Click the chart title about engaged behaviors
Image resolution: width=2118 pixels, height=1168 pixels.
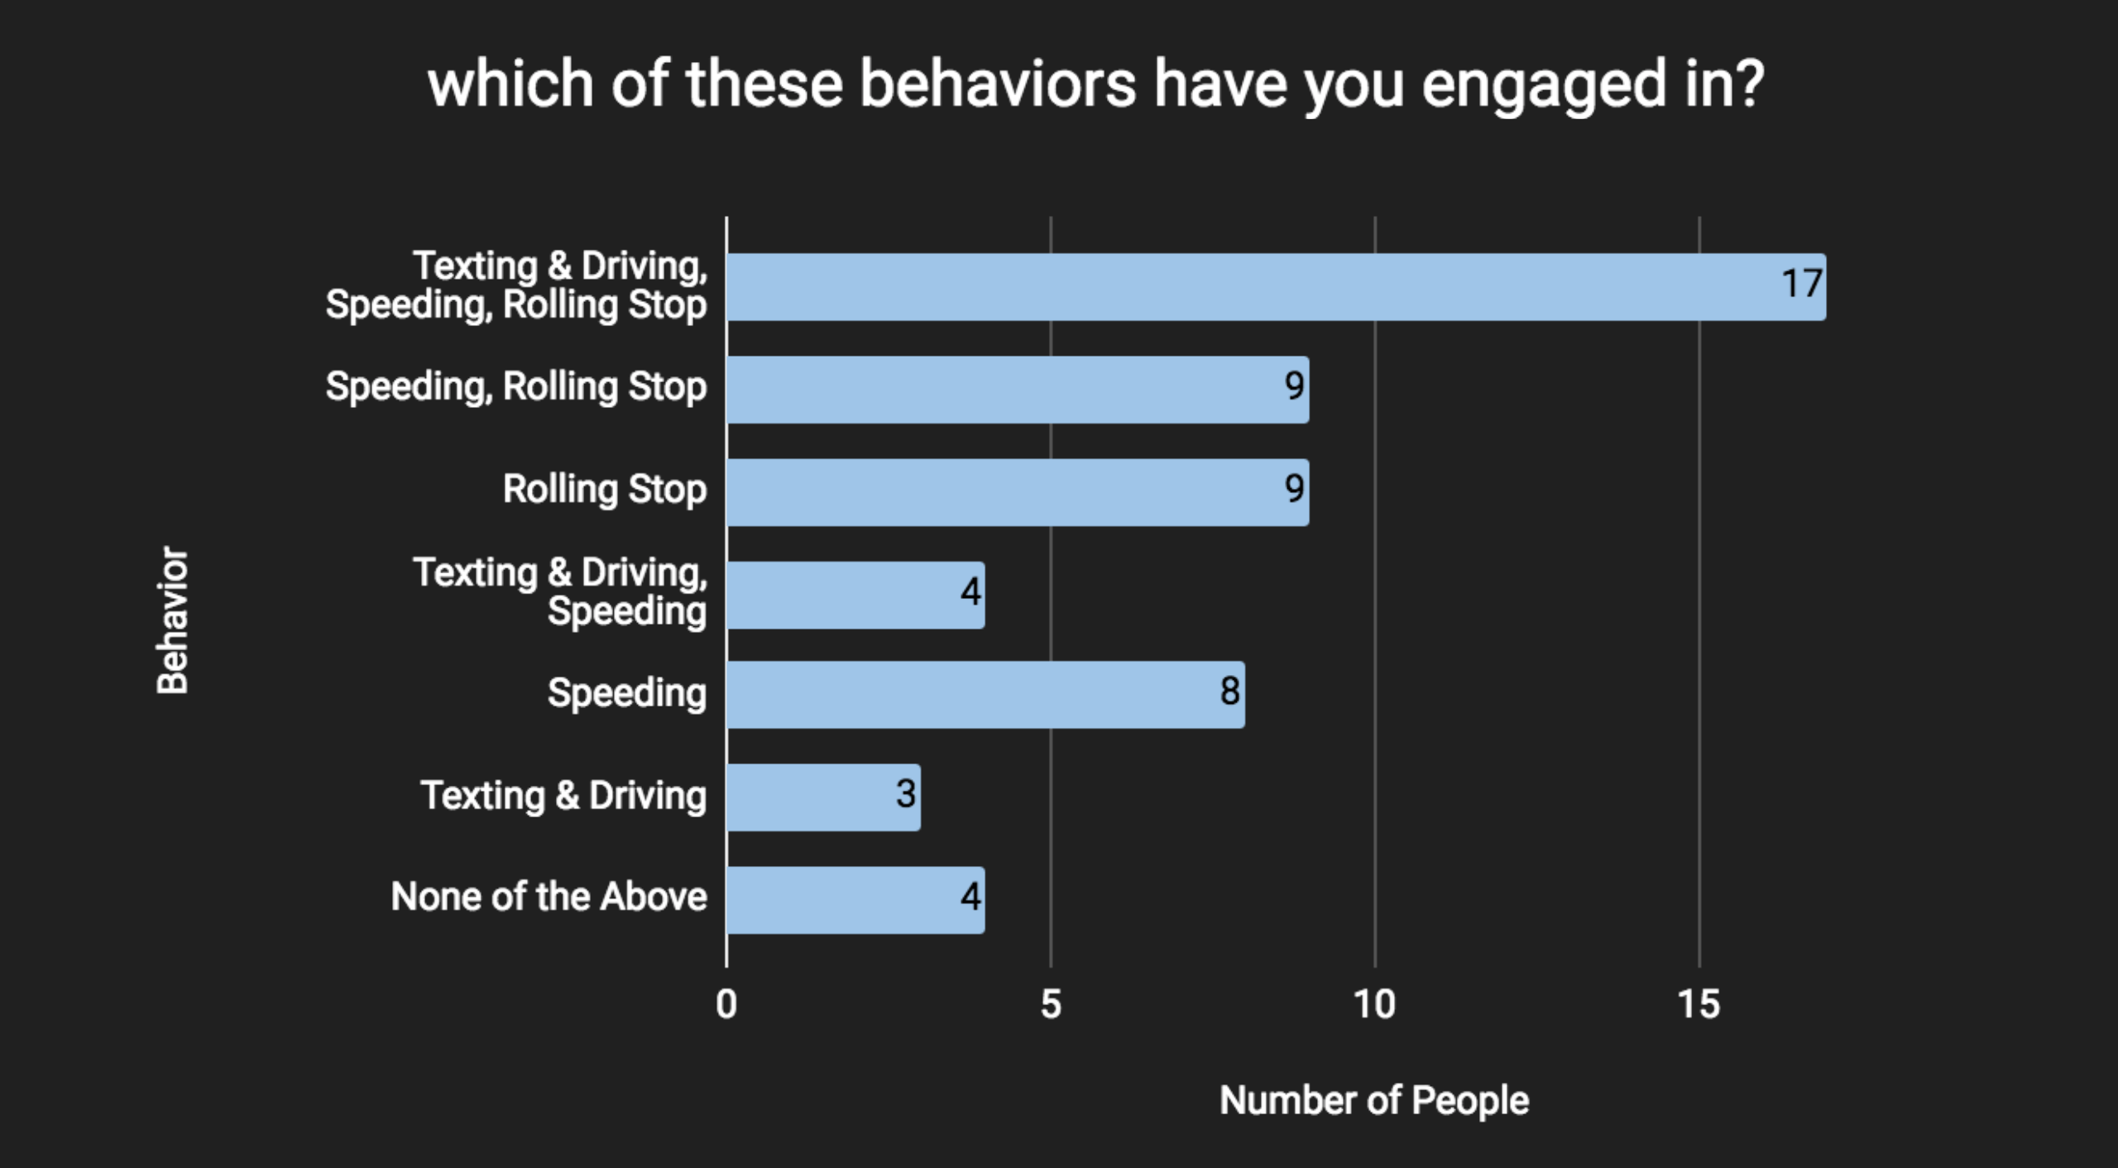point(1095,85)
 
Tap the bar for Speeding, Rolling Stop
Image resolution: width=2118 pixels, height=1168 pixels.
point(1017,390)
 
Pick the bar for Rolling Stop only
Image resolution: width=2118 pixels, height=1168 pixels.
point(1017,492)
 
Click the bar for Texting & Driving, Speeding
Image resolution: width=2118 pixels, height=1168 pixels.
point(855,595)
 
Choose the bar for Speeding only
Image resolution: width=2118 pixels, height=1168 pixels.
point(985,695)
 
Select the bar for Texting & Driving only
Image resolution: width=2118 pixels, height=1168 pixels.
point(822,797)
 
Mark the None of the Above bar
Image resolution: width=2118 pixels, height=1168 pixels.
point(855,900)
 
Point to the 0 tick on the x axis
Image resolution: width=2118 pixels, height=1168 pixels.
point(726,1005)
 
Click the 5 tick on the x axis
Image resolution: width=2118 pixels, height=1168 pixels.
point(1051,1005)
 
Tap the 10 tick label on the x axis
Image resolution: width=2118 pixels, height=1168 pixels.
point(1374,1005)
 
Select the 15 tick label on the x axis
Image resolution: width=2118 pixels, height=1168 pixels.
point(1699,1005)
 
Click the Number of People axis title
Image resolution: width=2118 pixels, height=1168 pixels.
point(1374,1100)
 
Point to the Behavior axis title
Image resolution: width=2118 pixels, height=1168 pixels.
point(173,620)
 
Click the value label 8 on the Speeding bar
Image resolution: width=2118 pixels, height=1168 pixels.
point(1229,692)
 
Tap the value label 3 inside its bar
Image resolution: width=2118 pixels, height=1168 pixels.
point(906,794)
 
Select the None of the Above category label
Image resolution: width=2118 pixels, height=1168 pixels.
point(549,897)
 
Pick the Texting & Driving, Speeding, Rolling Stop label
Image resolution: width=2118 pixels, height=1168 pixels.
point(517,285)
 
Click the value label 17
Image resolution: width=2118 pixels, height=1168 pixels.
point(1802,284)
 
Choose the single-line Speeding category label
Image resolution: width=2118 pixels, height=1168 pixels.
point(627,693)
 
